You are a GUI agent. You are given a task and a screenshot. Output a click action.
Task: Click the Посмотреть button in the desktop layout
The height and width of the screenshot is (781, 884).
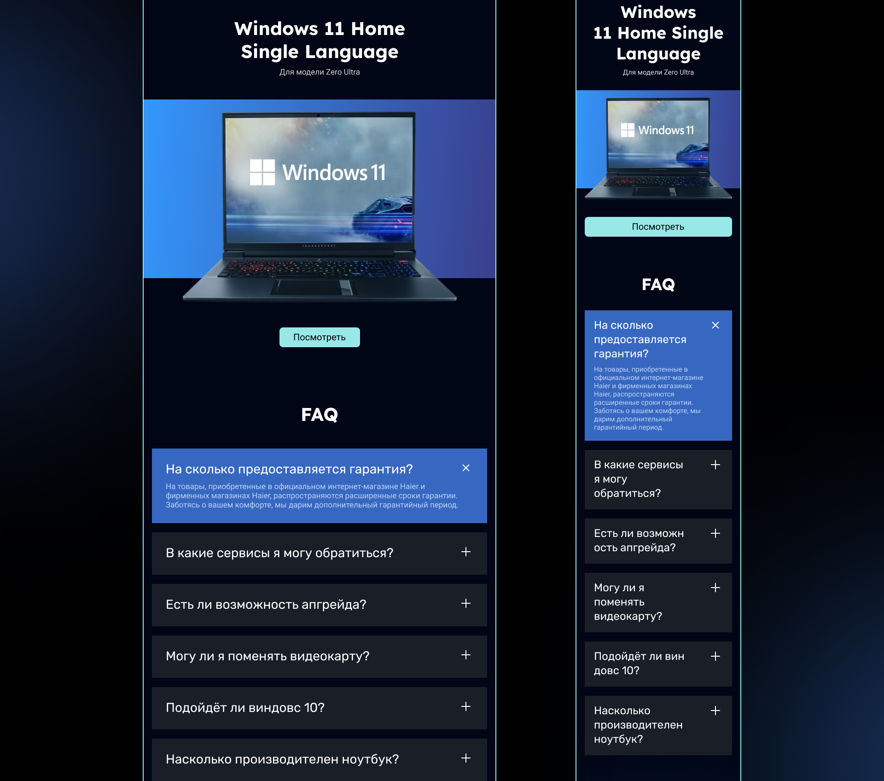pos(320,337)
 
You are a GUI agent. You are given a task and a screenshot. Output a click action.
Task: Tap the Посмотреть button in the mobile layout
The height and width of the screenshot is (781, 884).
pos(658,227)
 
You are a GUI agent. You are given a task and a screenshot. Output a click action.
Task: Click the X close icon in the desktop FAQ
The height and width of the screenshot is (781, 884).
pos(466,468)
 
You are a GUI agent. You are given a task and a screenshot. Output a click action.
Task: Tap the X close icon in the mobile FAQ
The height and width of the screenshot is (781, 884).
pos(715,325)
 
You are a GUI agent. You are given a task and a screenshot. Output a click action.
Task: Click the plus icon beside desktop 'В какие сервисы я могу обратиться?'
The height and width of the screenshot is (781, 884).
pos(466,552)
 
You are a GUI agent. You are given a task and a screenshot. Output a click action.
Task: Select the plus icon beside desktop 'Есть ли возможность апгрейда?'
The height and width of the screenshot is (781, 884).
pos(466,603)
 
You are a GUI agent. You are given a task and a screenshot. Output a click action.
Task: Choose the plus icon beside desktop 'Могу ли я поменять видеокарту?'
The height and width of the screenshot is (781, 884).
pos(466,655)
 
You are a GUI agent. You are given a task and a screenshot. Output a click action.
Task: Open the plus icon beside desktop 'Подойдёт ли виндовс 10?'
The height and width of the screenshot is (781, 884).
pos(466,706)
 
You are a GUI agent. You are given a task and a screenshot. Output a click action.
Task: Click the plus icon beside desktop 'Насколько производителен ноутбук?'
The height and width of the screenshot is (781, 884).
pos(466,758)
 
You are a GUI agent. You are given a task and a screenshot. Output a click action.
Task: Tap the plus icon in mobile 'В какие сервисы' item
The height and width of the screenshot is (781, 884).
pos(715,465)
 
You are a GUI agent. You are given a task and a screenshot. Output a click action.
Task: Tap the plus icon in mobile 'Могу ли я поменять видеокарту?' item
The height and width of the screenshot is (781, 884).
pos(715,588)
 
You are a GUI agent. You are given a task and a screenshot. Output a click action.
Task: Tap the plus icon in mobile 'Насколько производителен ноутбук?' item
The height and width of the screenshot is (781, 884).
pos(715,711)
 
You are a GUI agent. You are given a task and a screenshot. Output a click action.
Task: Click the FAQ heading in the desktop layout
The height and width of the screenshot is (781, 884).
pos(320,414)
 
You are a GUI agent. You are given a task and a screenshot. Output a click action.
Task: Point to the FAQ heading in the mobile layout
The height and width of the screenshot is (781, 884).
pos(658,284)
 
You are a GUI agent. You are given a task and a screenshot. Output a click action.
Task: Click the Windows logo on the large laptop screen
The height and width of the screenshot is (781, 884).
pos(262,172)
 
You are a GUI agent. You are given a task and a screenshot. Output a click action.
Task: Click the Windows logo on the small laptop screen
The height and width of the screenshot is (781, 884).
pos(628,130)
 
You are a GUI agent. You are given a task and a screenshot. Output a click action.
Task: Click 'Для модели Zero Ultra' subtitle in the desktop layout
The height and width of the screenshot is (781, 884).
pos(320,72)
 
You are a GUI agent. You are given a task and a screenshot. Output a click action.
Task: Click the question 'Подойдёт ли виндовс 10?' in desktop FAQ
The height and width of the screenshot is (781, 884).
pos(245,707)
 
